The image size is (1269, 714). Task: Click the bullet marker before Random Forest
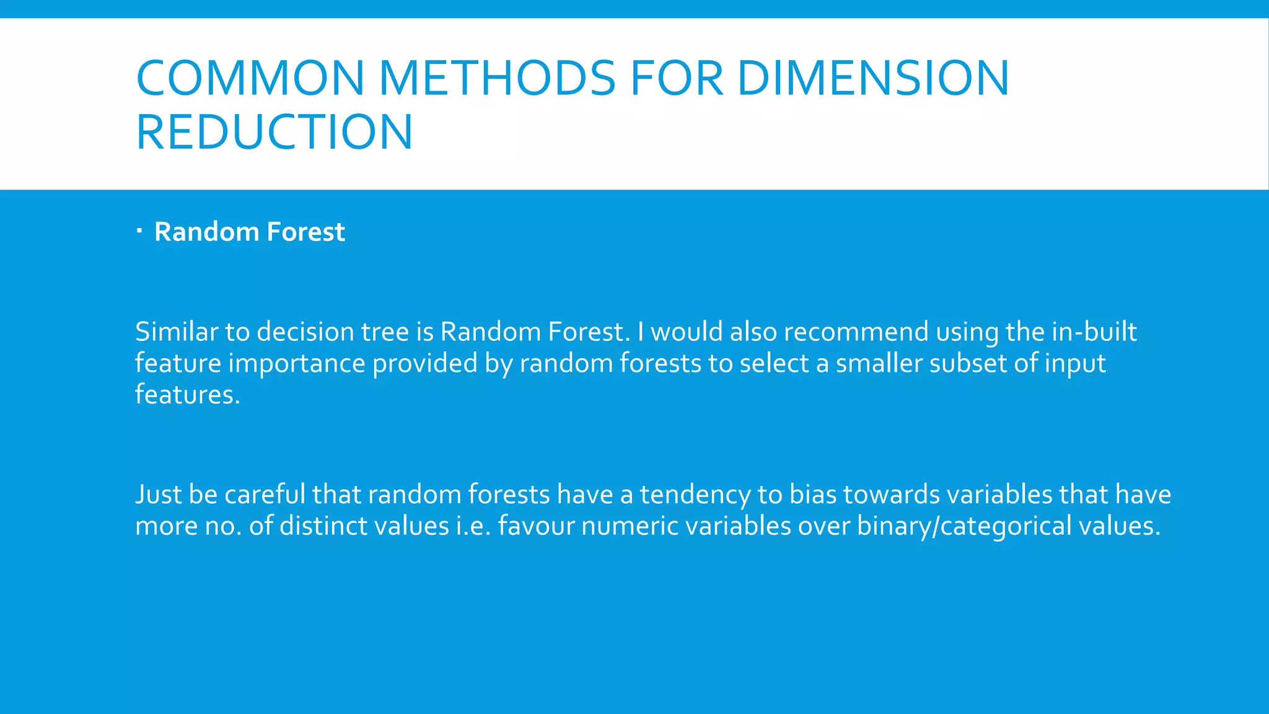(x=140, y=232)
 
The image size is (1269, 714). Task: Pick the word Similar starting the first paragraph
(x=176, y=332)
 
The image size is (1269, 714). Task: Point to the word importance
(x=296, y=364)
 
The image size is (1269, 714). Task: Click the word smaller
(x=879, y=363)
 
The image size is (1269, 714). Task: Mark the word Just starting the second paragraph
(x=158, y=495)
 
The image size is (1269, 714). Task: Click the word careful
(x=265, y=495)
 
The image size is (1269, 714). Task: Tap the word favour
(x=536, y=526)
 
